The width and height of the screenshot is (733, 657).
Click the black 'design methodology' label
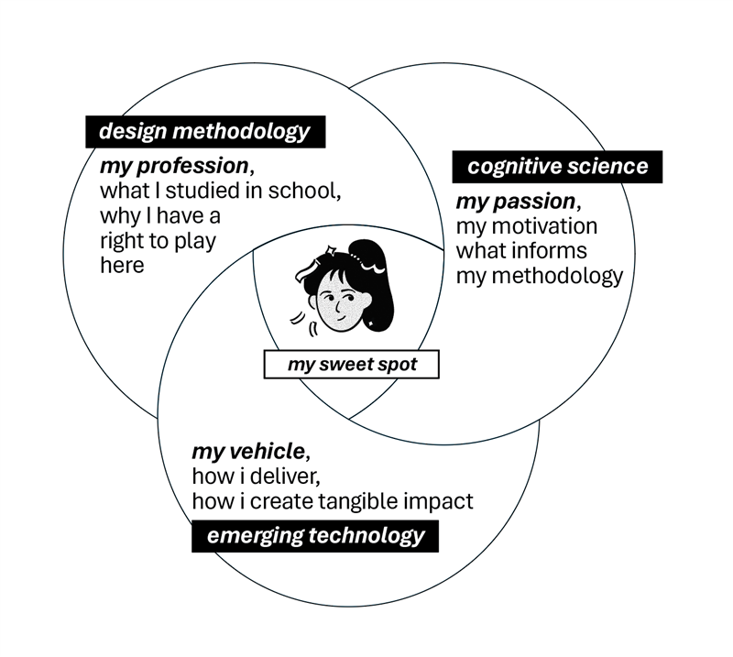(x=204, y=132)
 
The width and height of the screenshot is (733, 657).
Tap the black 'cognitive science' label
(x=557, y=167)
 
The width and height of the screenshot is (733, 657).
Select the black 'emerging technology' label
(x=315, y=536)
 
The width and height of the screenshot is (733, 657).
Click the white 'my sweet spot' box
(x=352, y=365)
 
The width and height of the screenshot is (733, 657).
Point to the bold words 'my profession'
(x=173, y=168)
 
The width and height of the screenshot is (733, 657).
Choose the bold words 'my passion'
(x=516, y=202)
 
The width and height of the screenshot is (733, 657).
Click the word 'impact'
(x=440, y=502)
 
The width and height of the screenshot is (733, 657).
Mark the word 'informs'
(x=553, y=251)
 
